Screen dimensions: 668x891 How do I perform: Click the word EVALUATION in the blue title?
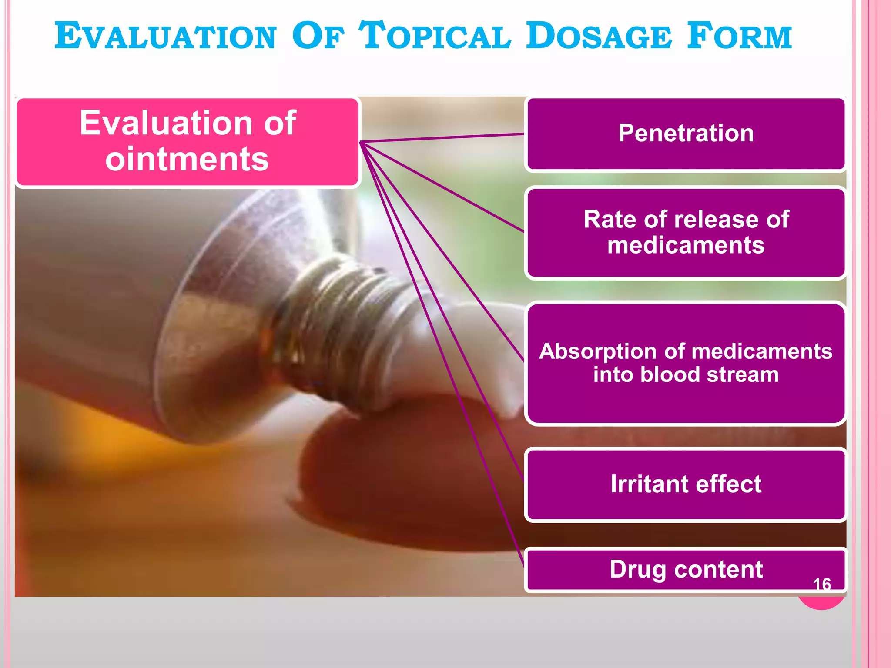pos(165,37)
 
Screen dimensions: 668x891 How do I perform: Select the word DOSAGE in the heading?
pos(599,37)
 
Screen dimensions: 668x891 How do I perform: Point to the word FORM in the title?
pos(739,37)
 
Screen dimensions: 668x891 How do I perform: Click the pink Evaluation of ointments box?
pos(188,142)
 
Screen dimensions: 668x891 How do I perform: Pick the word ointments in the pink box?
pos(187,159)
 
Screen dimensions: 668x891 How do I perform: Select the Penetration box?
pos(686,134)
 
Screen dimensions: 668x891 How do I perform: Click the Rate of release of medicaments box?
pos(686,232)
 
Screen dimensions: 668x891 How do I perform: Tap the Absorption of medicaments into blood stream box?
pos(686,363)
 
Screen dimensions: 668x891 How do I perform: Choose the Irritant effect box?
pos(686,484)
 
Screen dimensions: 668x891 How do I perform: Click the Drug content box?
pos(686,569)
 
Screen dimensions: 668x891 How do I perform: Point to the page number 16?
pos(822,584)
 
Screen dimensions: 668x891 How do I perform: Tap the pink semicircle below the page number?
pos(821,602)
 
